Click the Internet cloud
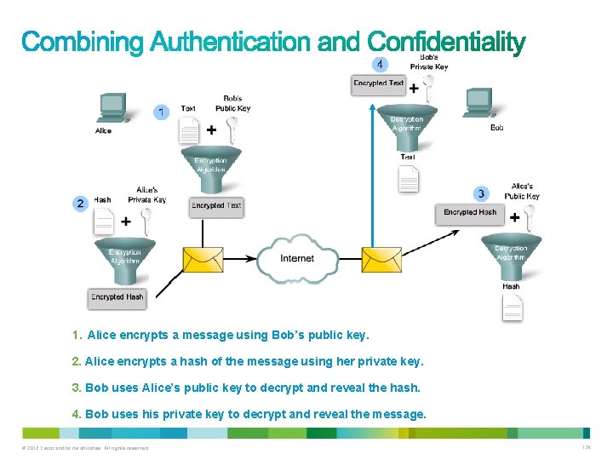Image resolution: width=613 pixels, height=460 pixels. (x=297, y=258)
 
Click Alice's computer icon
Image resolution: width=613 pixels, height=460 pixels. (x=112, y=109)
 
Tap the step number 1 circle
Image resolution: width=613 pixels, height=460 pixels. (x=160, y=112)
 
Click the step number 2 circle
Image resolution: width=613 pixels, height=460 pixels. (x=80, y=203)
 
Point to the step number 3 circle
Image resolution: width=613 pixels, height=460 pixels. (x=481, y=194)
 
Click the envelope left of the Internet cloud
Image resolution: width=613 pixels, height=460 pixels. (x=203, y=259)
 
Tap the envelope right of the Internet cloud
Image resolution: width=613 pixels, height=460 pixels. (x=381, y=259)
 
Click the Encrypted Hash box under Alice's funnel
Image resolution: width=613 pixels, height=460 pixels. (x=117, y=297)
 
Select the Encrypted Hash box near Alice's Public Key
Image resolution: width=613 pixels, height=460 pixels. (x=470, y=212)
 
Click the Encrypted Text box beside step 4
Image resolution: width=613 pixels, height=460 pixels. (x=379, y=83)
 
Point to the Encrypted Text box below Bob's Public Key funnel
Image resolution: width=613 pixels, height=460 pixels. (x=216, y=205)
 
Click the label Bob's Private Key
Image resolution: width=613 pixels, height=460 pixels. (x=428, y=62)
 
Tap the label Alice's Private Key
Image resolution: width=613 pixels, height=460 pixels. (x=146, y=195)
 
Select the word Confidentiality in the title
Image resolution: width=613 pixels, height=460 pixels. (x=446, y=41)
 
